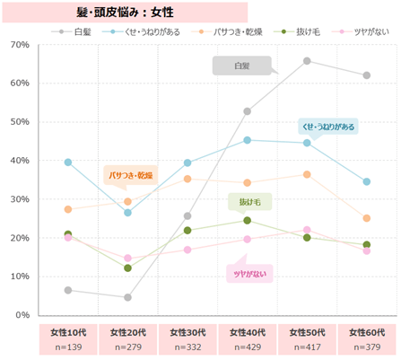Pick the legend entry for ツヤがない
tap(353, 31)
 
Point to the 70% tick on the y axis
tap(19, 44)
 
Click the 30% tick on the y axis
tap(19, 199)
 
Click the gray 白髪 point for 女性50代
tap(307, 61)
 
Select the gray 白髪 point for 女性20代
tap(128, 297)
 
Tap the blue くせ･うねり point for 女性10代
tap(68, 162)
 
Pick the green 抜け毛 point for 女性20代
tap(128, 268)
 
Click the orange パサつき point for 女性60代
tap(367, 218)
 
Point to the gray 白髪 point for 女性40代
tap(248, 111)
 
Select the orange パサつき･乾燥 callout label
tap(131, 174)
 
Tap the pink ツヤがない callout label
tap(248, 273)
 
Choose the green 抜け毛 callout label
tap(249, 202)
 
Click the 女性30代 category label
tap(187, 332)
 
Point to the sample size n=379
tap(367, 347)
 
